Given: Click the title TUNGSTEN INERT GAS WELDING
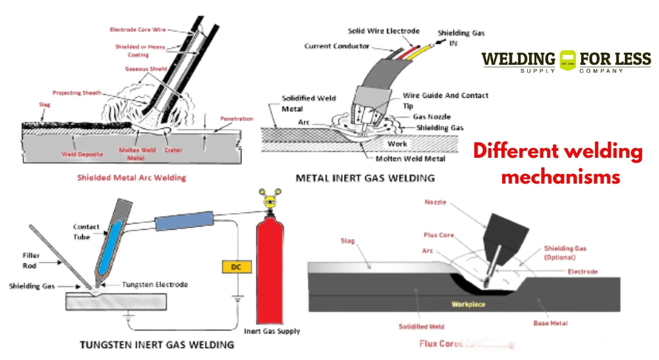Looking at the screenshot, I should coord(157,345).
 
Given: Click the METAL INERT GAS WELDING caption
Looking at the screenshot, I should coord(365,177).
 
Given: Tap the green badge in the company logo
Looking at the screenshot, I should coord(567,60).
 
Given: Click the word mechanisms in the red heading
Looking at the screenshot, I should coord(561,176).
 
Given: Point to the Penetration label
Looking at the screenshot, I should coord(236,118).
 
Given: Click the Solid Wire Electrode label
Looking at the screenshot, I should coord(384,31).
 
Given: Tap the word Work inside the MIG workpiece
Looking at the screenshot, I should coord(397,144).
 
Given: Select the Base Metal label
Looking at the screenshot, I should coord(550,323).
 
